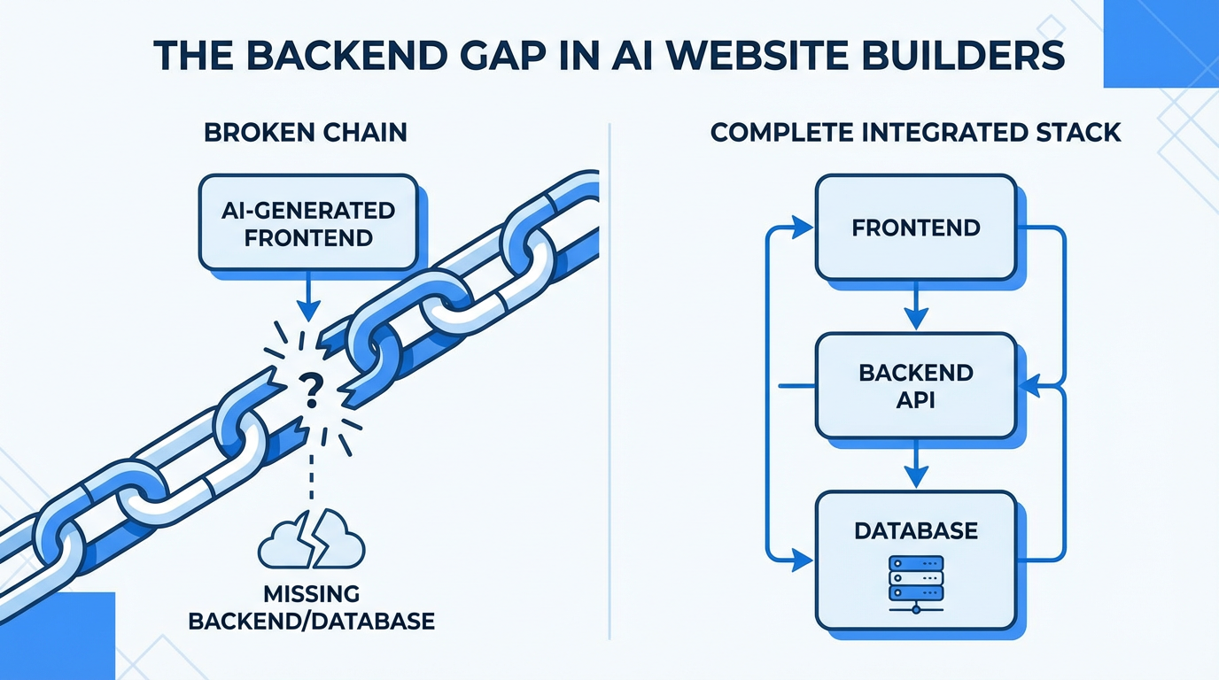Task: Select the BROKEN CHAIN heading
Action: tap(306, 133)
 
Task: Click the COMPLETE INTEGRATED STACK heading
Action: tap(916, 133)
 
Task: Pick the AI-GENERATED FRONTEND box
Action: tap(308, 223)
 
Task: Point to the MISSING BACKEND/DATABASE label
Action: tap(311, 606)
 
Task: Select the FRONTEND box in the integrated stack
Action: tap(915, 228)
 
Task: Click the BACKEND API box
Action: tap(915, 385)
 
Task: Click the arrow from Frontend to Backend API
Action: tap(915, 307)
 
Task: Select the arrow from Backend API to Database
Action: tap(915, 465)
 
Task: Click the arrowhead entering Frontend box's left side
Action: tap(803, 228)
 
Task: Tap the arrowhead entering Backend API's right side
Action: tap(1029, 386)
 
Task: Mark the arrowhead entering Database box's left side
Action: tap(803, 560)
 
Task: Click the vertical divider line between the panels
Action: tap(610, 381)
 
